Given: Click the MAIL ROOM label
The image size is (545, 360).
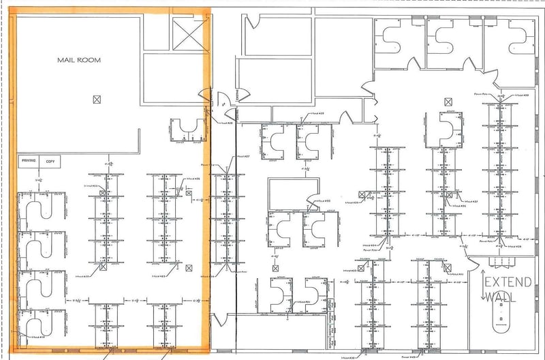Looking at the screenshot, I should coord(78,60).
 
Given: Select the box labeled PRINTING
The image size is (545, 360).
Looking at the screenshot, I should coord(29,162).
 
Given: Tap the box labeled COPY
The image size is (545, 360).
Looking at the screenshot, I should coord(50,162).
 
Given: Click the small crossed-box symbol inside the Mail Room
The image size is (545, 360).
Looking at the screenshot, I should coord(96,100).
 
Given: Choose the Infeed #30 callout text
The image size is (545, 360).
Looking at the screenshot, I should coord(322,201).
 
